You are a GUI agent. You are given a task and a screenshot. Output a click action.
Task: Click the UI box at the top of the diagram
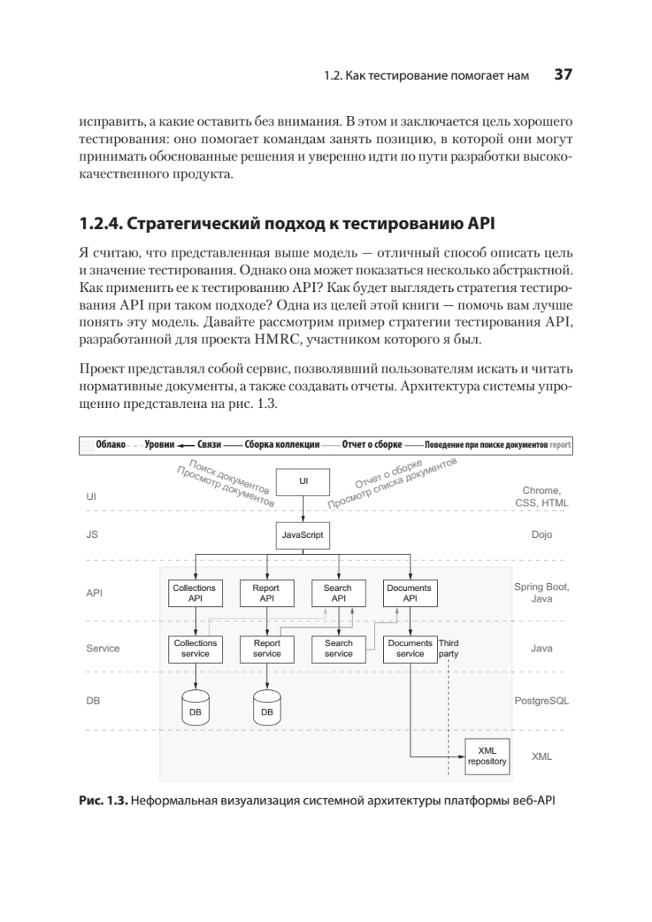[x=303, y=481]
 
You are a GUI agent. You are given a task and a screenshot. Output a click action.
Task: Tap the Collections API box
[x=194, y=592]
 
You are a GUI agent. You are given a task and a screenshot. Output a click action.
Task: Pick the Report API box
[x=266, y=592]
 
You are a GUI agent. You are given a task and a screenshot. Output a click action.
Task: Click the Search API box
[x=338, y=592]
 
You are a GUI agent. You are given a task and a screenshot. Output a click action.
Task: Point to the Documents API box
[x=409, y=592]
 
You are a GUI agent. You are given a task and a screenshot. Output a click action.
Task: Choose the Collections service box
[x=195, y=648]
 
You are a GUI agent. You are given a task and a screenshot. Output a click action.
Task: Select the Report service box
[x=266, y=648]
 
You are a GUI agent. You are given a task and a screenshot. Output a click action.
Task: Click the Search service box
[x=338, y=648]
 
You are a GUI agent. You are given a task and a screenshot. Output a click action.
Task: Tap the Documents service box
[x=409, y=648]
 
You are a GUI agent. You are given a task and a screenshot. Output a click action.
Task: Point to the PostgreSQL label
[x=541, y=701]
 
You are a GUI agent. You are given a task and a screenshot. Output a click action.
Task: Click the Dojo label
[x=541, y=535]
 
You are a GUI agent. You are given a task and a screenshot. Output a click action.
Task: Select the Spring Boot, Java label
[x=541, y=592]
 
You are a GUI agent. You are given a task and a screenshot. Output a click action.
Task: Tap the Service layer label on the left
[x=103, y=648]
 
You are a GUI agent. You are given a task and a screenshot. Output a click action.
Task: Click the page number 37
[x=563, y=75]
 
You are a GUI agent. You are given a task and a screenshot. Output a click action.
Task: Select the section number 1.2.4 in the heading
[x=98, y=224]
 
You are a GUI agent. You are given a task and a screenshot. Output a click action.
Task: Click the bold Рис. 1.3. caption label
[x=103, y=801]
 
